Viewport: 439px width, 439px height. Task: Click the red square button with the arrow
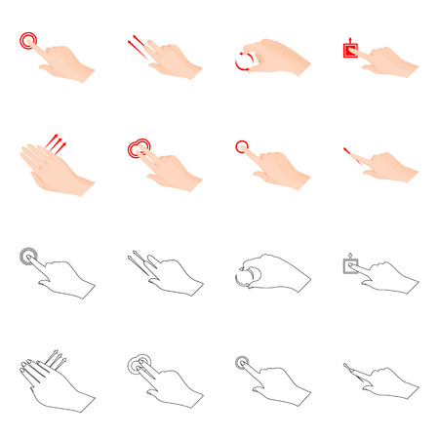pyautogui.click(x=349, y=48)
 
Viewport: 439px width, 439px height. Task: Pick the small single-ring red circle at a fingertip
pyautogui.click(x=242, y=147)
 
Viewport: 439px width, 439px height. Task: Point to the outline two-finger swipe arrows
pyautogui.click(x=138, y=261)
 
